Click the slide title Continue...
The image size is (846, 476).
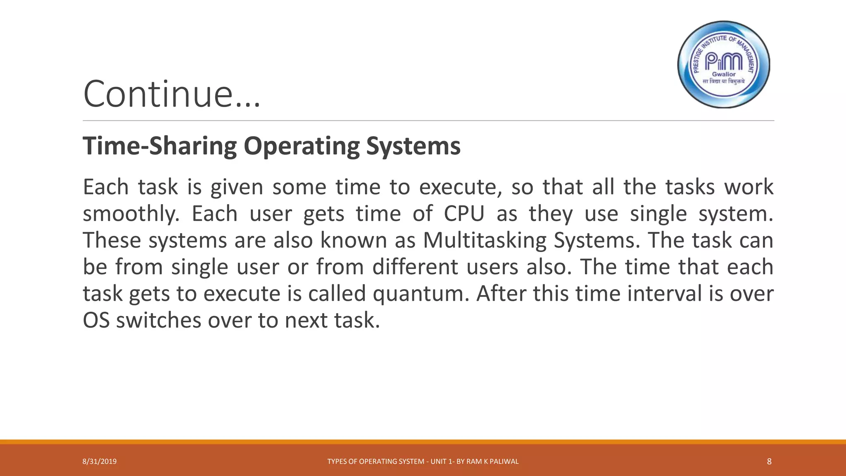pyautogui.click(x=171, y=94)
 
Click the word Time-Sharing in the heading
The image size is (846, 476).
pyautogui.click(x=159, y=146)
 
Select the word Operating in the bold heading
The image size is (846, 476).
pyautogui.click(x=302, y=146)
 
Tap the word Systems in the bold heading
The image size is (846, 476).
pyautogui.click(x=413, y=146)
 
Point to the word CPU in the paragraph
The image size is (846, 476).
pyautogui.click(x=464, y=214)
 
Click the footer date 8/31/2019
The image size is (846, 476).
pyautogui.click(x=100, y=462)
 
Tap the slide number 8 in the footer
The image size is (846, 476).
pyautogui.click(x=769, y=462)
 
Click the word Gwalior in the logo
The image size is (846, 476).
pyautogui.click(x=724, y=74)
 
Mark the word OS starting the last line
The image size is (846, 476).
pyautogui.click(x=96, y=320)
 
